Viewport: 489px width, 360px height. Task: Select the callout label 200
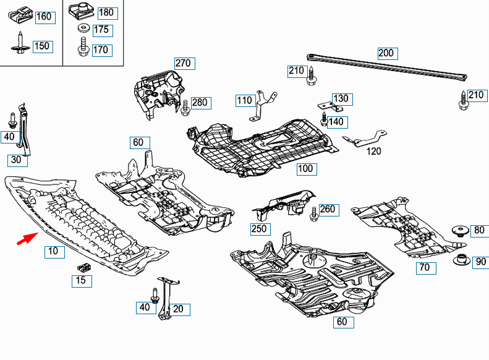[x=386, y=53]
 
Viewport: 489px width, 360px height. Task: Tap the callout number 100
[x=305, y=169]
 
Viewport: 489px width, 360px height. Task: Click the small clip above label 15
[x=83, y=267]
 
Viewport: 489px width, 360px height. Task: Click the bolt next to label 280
[x=185, y=106]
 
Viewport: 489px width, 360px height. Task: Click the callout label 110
[x=245, y=100]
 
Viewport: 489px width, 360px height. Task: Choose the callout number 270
[x=184, y=63]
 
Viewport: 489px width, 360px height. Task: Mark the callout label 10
[x=54, y=252]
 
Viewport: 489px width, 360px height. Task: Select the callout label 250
[x=260, y=229]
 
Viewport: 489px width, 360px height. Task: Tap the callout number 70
[x=425, y=268]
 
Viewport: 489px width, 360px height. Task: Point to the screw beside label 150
[x=20, y=43]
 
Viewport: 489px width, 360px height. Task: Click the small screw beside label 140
[x=323, y=119]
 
